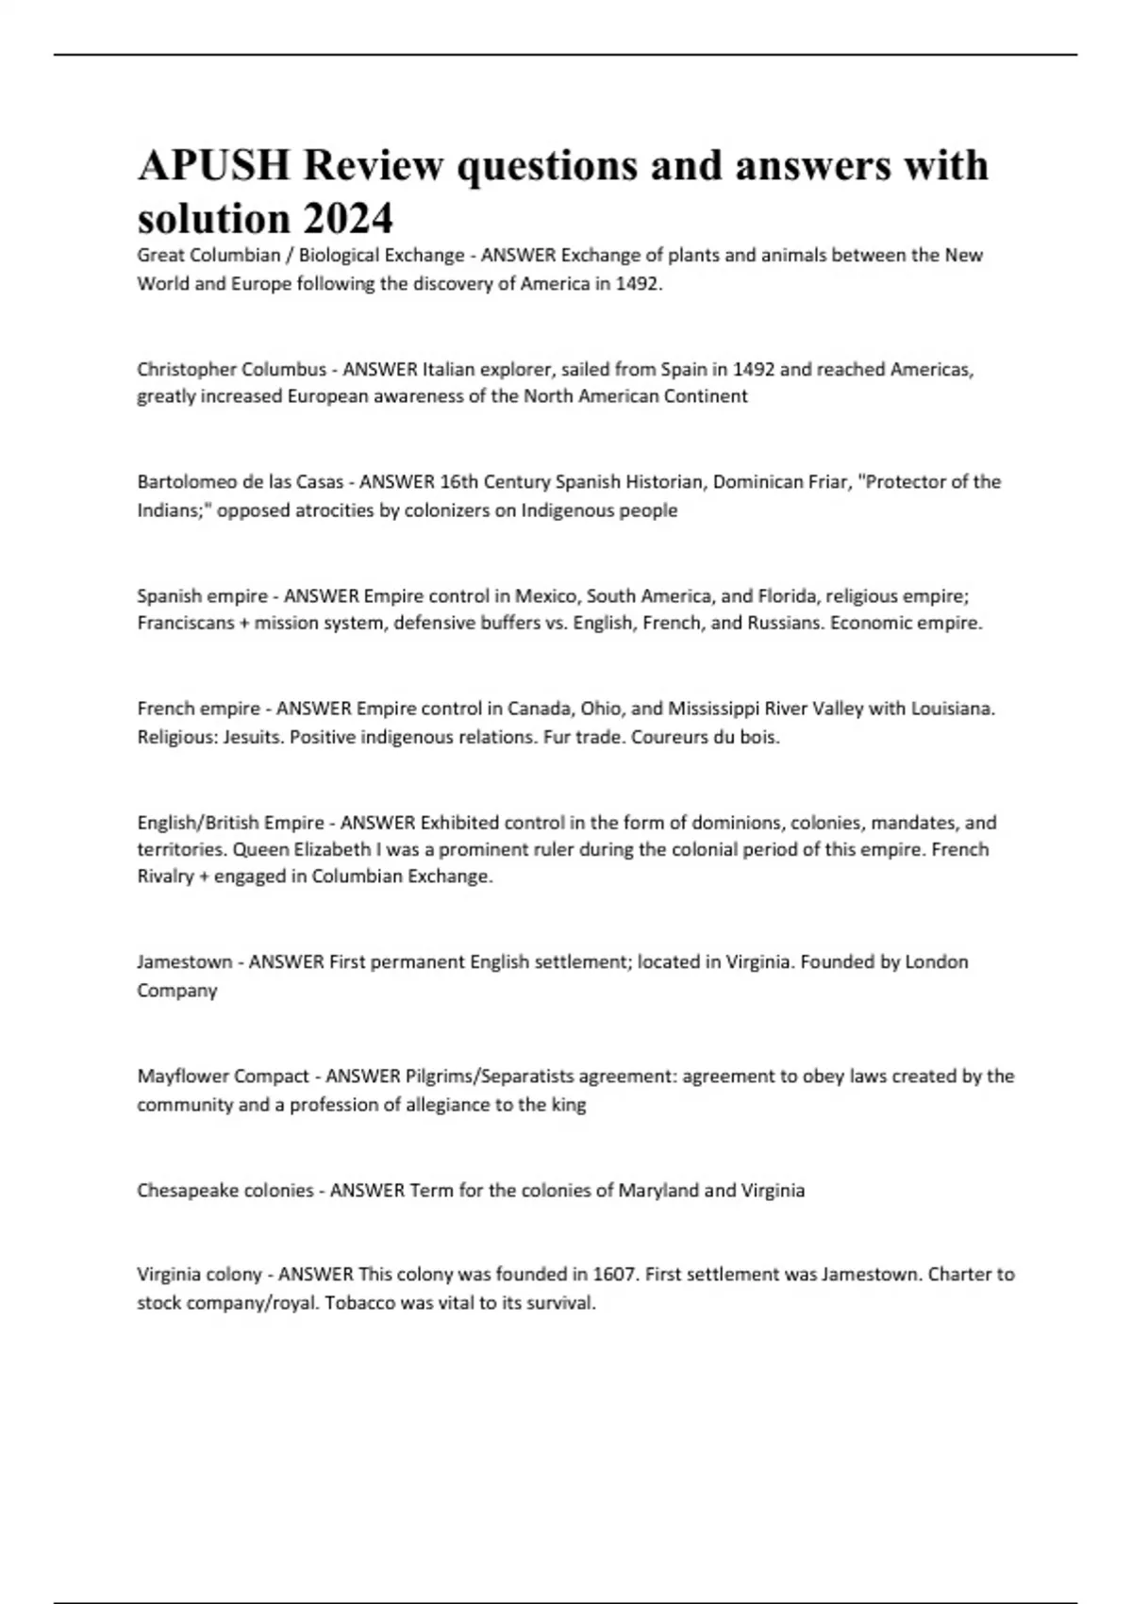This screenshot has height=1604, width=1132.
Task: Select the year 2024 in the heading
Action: (x=348, y=219)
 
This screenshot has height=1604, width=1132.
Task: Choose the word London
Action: (x=937, y=962)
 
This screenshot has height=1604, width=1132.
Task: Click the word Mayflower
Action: (x=181, y=1077)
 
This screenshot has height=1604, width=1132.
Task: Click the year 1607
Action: (x=616, y=1275)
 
